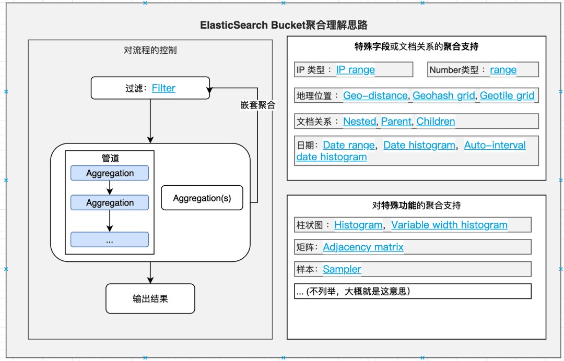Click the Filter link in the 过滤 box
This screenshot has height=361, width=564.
coord(163,88)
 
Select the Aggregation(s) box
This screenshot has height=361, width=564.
coord(202,198)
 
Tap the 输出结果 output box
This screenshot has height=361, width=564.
coord(150,299)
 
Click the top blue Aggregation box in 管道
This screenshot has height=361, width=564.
coord(110,173)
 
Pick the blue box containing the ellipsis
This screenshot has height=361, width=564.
coord(110,240)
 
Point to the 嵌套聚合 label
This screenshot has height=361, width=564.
coord(255,105)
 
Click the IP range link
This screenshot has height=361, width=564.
coord(355,70)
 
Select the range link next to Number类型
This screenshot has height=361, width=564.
coord(503,70)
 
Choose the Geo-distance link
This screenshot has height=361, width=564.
coord(375,95)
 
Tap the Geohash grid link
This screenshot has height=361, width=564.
coord(444,95)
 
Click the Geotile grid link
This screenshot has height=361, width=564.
coord(507,95)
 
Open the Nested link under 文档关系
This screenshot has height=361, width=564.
coord(359,122)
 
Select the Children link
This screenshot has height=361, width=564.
coord(436,122)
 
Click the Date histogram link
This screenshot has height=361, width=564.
coord(419,146)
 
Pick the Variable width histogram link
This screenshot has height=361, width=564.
coord(449,225)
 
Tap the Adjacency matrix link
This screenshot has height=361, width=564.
coord(363,247)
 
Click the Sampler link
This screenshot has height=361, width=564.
coord(342,269)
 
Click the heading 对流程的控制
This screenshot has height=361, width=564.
coord(150,51)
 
